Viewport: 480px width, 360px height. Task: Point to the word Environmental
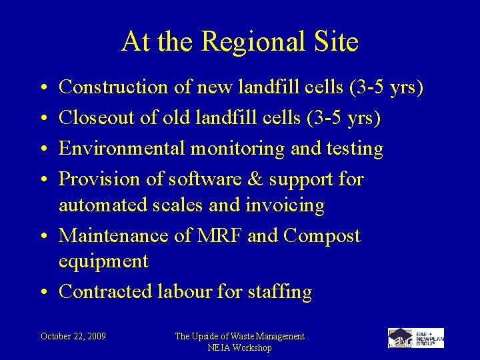120,148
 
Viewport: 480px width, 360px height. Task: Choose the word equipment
103,261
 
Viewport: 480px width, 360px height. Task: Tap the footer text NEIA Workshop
239,347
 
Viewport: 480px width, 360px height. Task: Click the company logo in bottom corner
416,337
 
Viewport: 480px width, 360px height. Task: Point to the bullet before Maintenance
43,236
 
